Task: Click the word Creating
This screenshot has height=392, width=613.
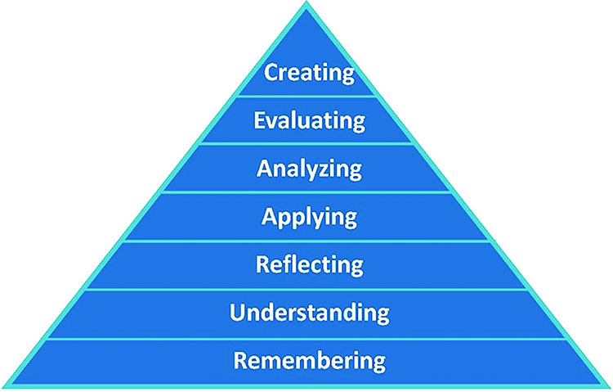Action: coord(309,72)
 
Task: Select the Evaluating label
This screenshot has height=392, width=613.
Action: coord(309,121)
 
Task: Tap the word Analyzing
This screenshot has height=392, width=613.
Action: coord(309,169)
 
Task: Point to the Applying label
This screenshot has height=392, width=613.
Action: coord(309,218)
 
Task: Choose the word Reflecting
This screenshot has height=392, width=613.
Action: coord(309,265)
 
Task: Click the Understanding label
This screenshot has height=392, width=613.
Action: coord(309,313)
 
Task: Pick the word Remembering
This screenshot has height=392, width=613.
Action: coord(309,360)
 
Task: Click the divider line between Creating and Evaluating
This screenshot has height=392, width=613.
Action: coord(309,97)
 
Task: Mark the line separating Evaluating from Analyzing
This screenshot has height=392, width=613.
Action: coord(309,144)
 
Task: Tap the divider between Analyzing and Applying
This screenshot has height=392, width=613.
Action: coord(309,192)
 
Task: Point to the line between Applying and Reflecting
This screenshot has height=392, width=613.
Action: coord(309,241)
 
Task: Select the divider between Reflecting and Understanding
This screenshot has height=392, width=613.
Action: coord(309,289)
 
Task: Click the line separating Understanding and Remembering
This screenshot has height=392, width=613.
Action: coord(309,337)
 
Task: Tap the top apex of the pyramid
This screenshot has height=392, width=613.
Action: coord(307,5)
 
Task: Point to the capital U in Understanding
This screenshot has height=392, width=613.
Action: coord(237,313)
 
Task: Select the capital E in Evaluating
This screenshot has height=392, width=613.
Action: coord(259,121)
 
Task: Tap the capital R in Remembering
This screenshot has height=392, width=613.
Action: coord(240,360)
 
